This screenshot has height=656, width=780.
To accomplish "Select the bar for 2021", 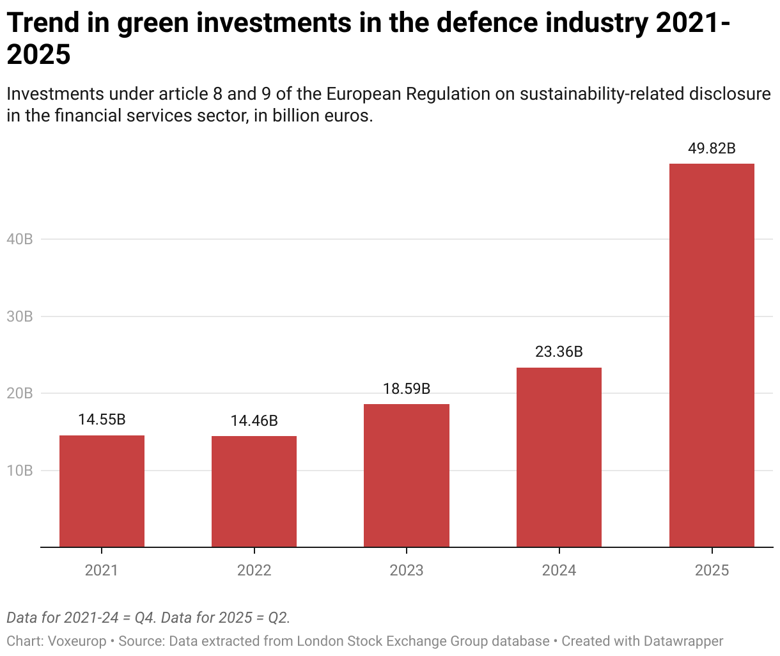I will [x=102, y=491].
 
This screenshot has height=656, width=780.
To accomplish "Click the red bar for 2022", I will [x=254, y=491].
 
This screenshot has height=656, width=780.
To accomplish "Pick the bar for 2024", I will [x=559, y=457].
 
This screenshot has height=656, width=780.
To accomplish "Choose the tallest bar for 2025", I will [x=712, y=355].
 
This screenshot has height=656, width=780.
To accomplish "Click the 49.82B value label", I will [x=712, y=148].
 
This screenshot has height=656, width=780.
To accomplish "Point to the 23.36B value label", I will [x=559, y=352].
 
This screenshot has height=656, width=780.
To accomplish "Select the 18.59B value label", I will [x=407, y=388].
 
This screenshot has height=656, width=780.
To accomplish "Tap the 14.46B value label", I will [x=254, y=421].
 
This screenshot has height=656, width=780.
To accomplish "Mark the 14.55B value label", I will [x=102, y=419].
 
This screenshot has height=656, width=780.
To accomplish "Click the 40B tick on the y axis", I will [x=19, y=239].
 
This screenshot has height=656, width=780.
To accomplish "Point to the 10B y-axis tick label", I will [x=19, y=471].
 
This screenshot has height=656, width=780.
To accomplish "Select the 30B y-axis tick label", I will [x=19, y=316].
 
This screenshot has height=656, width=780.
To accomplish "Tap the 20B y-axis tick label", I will [x=19, y=393].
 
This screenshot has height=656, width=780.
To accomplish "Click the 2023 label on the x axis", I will [x=407, y=570].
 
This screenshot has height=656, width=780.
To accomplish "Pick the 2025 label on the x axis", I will [x=712, y=570].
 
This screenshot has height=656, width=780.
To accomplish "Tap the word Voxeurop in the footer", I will [x=77, y=641].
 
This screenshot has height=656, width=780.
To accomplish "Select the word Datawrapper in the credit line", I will [x=683, y=641].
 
